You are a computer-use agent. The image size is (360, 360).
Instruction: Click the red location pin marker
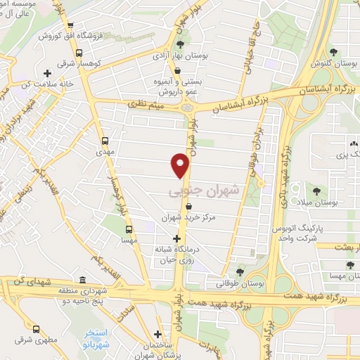coord(181,166)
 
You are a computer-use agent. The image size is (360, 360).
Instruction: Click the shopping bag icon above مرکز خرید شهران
coord(190,207)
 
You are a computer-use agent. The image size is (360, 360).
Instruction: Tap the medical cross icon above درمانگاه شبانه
coord(176,238)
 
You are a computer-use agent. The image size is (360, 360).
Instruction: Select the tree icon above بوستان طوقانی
coord(241,272)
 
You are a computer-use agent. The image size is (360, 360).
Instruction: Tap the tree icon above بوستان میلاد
coord(315,190)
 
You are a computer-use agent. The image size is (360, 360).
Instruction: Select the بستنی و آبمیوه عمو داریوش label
coord(168,86)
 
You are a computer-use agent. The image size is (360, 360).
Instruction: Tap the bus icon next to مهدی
coord(105,141)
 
